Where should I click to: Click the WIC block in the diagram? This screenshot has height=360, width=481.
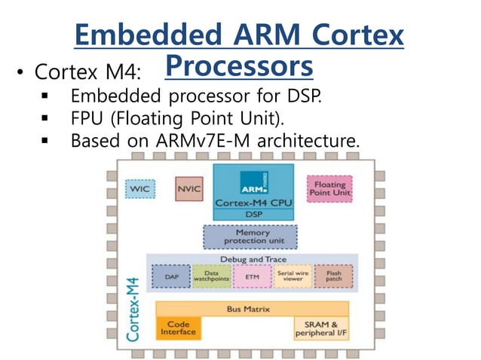pos(139,188)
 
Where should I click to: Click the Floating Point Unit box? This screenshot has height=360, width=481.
pos(329,189)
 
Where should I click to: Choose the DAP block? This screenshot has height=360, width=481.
pos(172,277)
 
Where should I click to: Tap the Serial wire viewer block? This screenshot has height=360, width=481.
pos(291,277)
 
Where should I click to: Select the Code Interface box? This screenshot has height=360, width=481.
pos(178,328)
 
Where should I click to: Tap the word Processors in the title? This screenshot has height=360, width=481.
pos(238,66)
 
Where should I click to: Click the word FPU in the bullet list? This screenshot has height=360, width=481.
pos(89,118)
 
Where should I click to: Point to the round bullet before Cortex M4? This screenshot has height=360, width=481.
pos(20,74)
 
